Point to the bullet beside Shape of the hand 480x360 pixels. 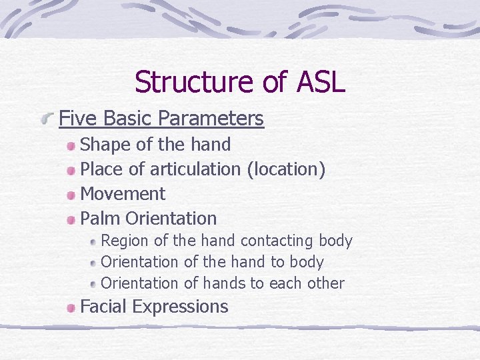click(71, 145)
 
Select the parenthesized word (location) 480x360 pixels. click(286, 169)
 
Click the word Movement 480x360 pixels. click(123, 194)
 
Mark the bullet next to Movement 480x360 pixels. click(71, 195)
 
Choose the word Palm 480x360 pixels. click(100, 218)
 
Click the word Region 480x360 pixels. click(125, 241)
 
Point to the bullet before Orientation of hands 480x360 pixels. click(94, 284)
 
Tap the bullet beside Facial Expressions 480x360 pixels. click(71, 307)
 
